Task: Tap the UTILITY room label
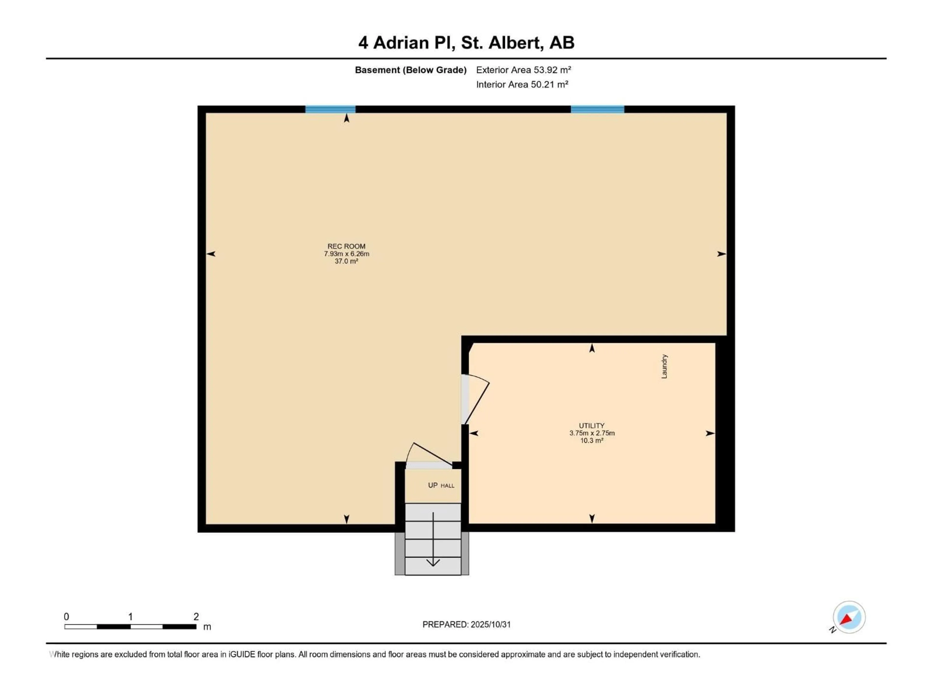[591, 426]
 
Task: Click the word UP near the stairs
[433, 485]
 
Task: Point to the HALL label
[448, 486]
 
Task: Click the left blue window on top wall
[330, 109]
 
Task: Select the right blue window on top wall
[597, 109]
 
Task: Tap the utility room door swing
[477, 399]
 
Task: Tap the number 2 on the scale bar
[196, 616]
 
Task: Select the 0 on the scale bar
[66, 616]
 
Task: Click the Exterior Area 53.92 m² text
[523, 70]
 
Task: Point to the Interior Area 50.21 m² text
[522, 84]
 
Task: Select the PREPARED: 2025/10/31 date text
[466, 624]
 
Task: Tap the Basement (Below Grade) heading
[410, 70]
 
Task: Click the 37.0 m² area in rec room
[346, 261]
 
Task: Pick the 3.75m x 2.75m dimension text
[592, 433]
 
